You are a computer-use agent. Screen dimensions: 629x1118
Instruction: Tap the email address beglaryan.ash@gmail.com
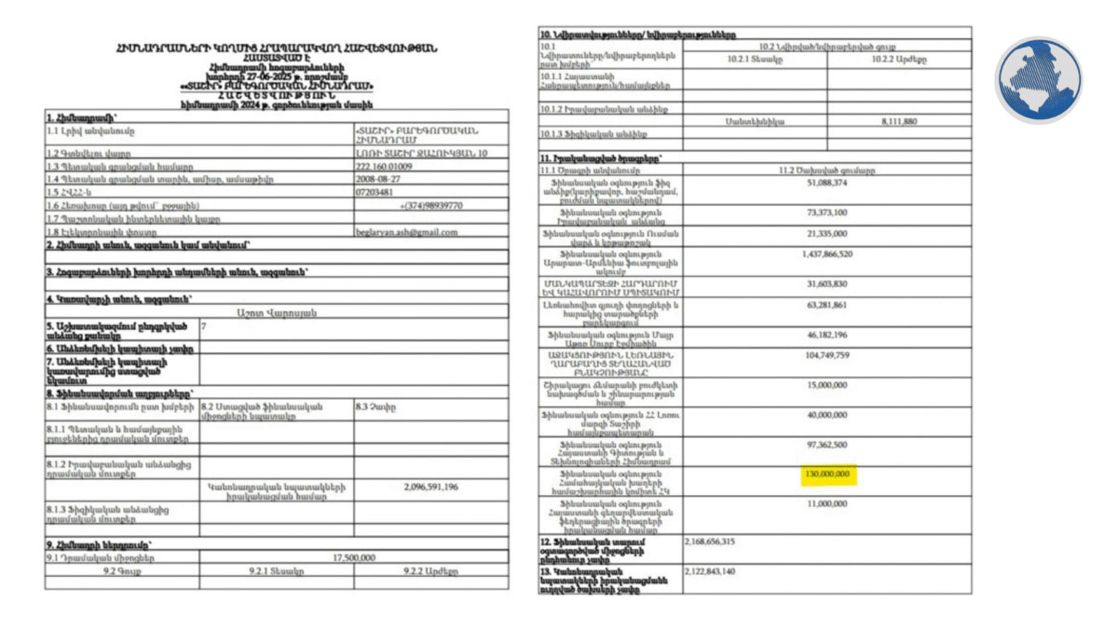pyautogui.click(x=406, y=232)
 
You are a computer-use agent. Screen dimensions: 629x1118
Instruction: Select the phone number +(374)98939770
pyautogui.click(x=430, y=205)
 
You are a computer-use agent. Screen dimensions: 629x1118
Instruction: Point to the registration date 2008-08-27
pyautogui.click(x=378, y=179)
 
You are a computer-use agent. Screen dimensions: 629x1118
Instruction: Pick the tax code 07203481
pyautogui.click(x=375, y=192)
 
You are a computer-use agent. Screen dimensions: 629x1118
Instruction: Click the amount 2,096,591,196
pyautogui.click(x=431, y=487)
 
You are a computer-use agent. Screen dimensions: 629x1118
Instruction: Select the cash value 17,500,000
pyautogui.click(x=354, y=558)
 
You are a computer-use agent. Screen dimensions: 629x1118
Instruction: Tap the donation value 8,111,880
pyautogui.click(x=898, y=121)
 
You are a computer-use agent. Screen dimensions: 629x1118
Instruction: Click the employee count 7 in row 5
pyautogui.click(x=204, y=327)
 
